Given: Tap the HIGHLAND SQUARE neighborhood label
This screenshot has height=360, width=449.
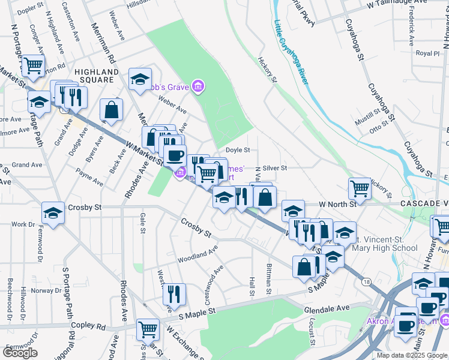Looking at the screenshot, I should click(x=94, y=75).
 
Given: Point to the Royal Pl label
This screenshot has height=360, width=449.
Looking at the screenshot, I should click(x=428, y=53).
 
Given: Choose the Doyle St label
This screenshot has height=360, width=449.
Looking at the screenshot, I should click(x=237, y=150).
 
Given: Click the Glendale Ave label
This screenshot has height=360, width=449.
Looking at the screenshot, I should click(x=327, y=308).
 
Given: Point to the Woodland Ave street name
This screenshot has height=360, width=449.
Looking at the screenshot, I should click(x=197, y=256).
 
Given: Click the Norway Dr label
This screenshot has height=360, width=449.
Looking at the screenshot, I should click(x=46, y=290).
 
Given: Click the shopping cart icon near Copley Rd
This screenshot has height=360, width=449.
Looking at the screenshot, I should click(x=148, y=328).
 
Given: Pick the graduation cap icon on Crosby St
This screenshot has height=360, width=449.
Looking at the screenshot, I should click(x=53, y=212).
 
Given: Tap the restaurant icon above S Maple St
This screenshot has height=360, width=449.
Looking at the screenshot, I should click(x=174, y=293).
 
